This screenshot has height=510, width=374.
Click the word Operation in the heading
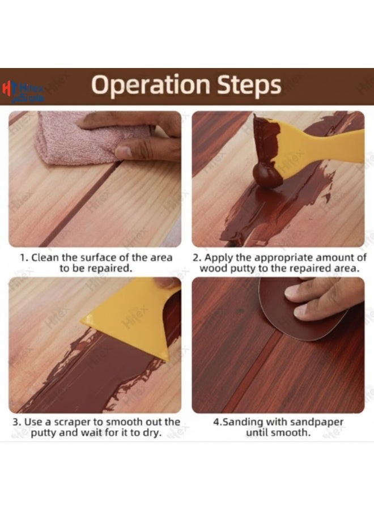coord(151,85)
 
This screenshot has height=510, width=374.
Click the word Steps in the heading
coord(249,84)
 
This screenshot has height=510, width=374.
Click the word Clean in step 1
coord(45,258)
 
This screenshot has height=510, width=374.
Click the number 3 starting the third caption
coord(16,422)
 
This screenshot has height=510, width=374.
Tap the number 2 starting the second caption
coord(195,258)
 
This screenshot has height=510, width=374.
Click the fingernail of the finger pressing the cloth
coord(124,151)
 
